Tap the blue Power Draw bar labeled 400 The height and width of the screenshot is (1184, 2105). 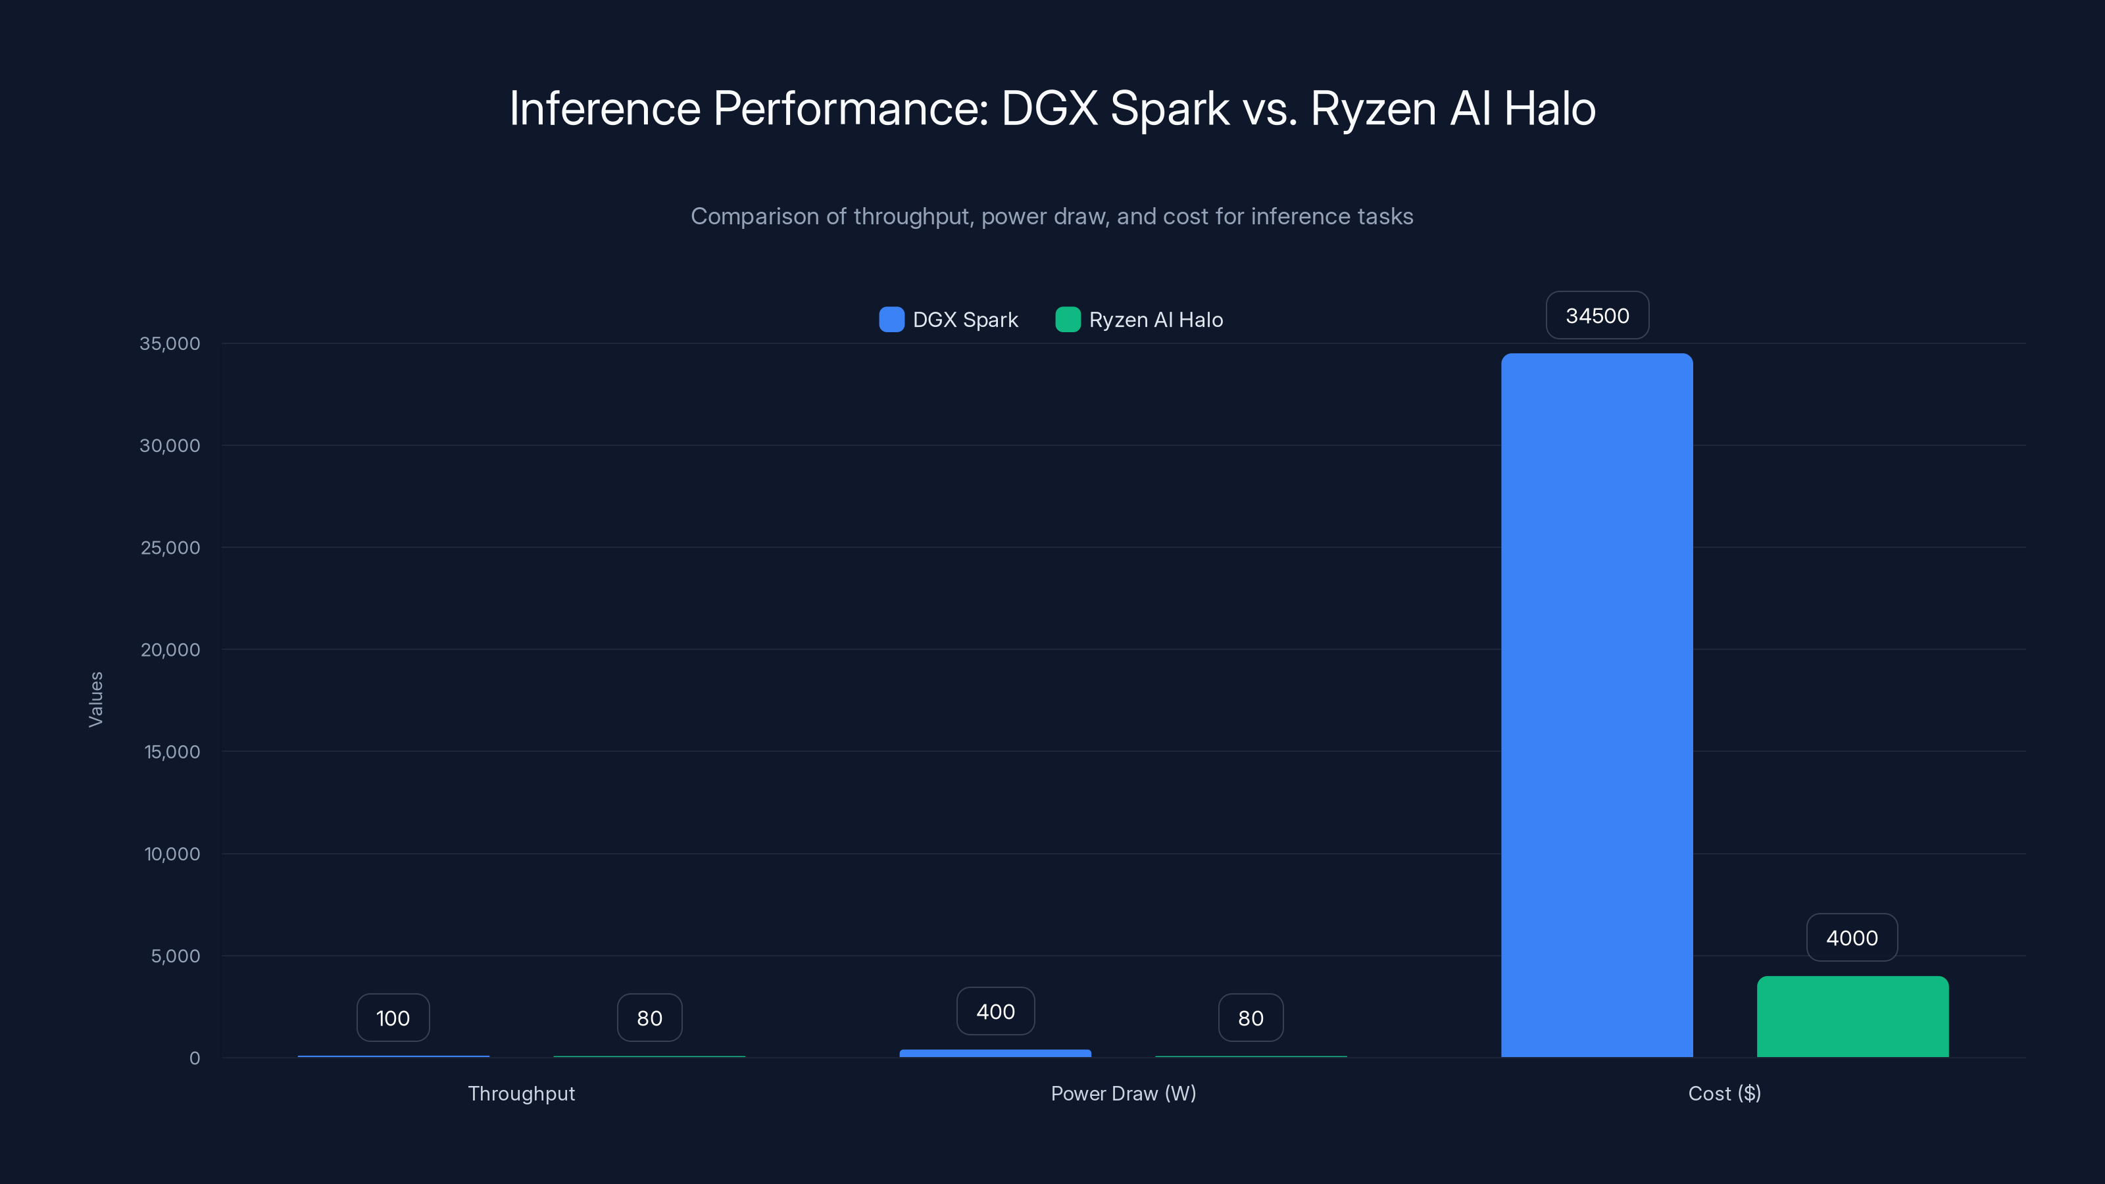pyautogui.click(x=995, y=1053)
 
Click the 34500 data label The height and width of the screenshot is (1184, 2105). pyautogui.click(x=1597, y=316)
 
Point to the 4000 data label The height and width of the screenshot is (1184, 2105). pyautogui.click(x=1851, y=937)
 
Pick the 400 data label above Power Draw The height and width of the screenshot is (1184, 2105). pyautogui.click(x=995, y=1011)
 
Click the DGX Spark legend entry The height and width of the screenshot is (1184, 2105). pyautogui.click(x=949, y=320)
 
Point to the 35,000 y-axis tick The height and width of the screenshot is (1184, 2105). pyautogui.click(x=169, y=343)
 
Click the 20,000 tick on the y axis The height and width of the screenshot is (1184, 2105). pyautogui.click(x=170, y=650)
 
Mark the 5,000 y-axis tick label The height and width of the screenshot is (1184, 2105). pyautogui.click(x=175, y=955)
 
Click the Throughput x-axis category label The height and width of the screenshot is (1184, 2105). pyautogui.click(x=522, y=1093)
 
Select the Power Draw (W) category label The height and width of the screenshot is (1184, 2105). pyautogui.click(x=1123, y=1093)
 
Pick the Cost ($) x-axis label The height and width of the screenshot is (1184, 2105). pyautogui.click(x=1724, y=1093)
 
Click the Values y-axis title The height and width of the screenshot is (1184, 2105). pyautogui.click(x=95, y=699)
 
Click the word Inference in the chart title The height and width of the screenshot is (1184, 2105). pyautogui.click(x=605, y=108)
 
